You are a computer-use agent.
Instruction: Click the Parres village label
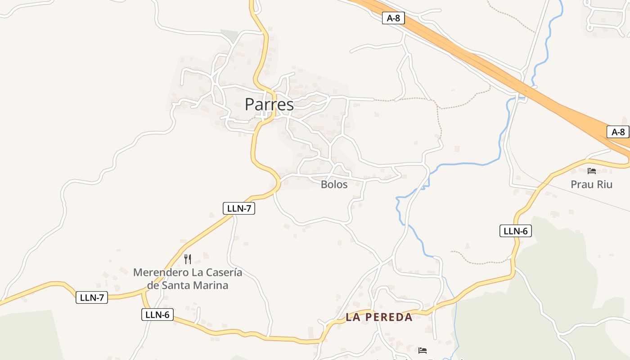269,104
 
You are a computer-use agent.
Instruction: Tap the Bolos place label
334,184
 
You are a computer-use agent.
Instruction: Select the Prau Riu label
591,184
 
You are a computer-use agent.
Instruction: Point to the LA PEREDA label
379,317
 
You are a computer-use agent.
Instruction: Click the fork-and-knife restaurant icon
188,259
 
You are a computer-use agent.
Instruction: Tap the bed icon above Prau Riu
592,171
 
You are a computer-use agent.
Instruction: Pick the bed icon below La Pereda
422,350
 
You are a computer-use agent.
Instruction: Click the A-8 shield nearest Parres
393,18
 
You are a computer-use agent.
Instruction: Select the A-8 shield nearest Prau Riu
618,132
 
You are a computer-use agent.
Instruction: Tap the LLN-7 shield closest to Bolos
238,208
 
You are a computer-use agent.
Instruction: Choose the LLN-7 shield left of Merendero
92,297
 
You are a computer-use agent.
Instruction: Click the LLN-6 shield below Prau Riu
515,231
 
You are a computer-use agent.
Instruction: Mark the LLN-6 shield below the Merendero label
157,315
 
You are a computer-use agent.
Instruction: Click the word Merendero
161,273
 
